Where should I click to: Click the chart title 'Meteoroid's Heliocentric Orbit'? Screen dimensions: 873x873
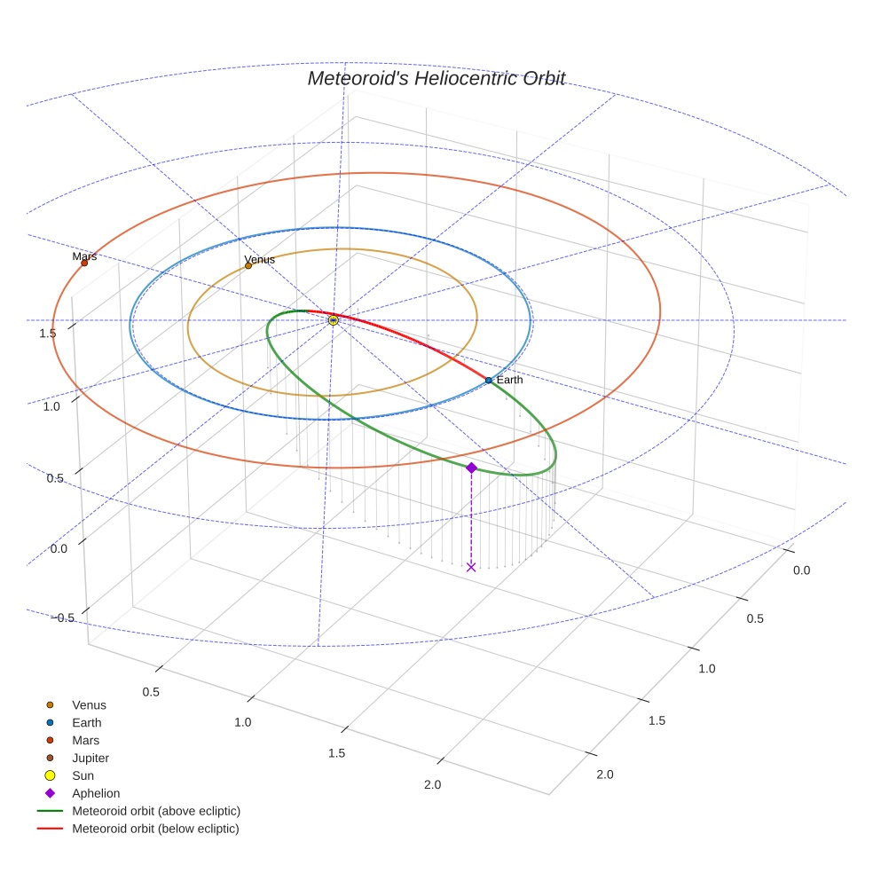point(436,78)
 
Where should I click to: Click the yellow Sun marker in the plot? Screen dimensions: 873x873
point(334,320)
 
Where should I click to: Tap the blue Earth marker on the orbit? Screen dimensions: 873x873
point(489,381)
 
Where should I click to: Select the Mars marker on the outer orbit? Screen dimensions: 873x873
point(84,263)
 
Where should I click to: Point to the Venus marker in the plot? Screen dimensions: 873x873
point(248,265)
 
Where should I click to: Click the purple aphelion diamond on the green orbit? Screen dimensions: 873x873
point(471,468)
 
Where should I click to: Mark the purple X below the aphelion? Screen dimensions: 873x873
point(471,567)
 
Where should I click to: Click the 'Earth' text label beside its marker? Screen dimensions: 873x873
point(509,380)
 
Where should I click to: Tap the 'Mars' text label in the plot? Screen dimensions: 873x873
point(84,256)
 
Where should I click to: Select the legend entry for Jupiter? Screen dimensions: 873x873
point(90,758)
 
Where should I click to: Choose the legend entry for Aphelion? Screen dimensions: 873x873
point(96,793)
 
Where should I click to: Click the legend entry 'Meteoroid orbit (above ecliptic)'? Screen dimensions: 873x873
point(156,811)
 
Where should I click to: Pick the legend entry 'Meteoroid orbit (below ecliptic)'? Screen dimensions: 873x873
point(156,829)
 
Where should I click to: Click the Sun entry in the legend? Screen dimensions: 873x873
point(83,775)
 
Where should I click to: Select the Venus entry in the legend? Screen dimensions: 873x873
point(89,705)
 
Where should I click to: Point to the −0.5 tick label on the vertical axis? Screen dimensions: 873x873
point(59,618)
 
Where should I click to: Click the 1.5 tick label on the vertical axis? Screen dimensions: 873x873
point(49,333)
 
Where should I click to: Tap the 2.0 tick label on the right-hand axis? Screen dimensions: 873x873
point(604,775)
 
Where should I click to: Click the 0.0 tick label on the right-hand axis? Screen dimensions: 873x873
point(801,570)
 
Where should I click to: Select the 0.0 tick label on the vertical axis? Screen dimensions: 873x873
point(59,549)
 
